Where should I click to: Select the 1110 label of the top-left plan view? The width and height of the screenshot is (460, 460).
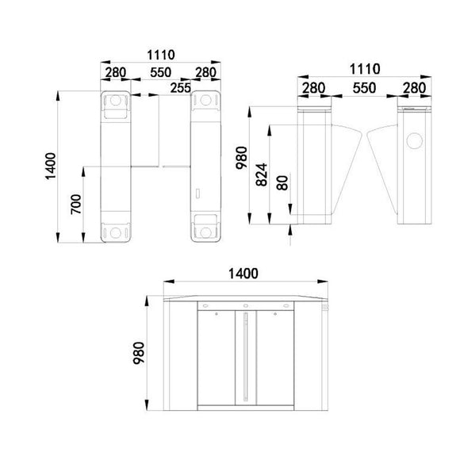pyautogui.click(x=159, y=55)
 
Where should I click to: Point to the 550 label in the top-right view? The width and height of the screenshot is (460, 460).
pyautogui.click(x=362, y=86)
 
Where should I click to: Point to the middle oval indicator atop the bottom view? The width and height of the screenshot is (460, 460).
pyautogui.click(x=246, y=305)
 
